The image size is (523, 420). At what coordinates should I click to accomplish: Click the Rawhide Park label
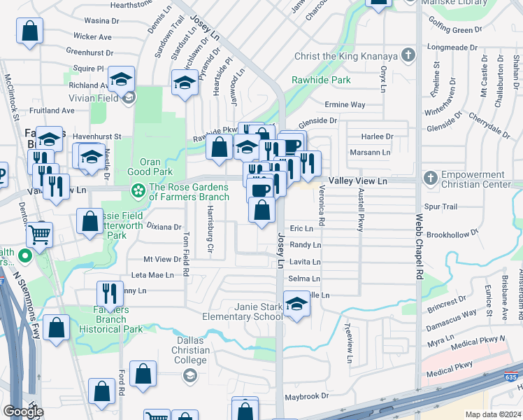pos(322,80)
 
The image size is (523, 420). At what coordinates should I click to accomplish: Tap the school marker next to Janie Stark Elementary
pos(296,305)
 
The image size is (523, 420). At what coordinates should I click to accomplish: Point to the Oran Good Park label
pos(150,167)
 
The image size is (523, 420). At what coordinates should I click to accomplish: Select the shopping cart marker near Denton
pos(41,236)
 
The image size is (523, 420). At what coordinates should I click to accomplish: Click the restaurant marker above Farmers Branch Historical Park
pos(110,292)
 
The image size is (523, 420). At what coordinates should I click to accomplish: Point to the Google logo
pos(23,412)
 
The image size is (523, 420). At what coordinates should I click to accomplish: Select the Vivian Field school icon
pos(129,97)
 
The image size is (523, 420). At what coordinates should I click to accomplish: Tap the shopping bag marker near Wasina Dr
pos(30,31)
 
